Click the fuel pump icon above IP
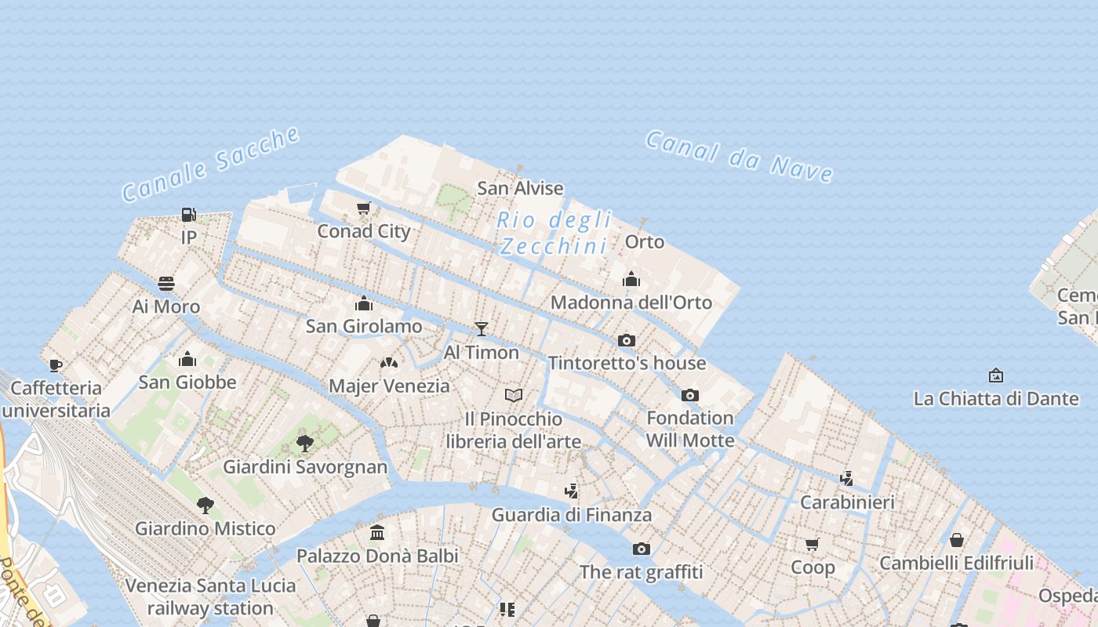(x=188, y=214)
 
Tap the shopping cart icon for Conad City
(x=363, y=208)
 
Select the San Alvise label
(x=520, y=188)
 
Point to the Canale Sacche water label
(x=211, y=164)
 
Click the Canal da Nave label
(x=739, y=157)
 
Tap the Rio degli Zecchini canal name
(x=554, y=233)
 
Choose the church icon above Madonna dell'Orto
(x=631, y=279)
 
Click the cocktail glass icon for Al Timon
(x=482, y=329)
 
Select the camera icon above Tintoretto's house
(x=626, y=340)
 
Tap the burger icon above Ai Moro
(x=166, y=283)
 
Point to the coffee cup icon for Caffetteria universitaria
(x=55, y=364)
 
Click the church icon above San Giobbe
(x=187, y=359)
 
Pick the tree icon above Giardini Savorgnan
(x=305, y=444)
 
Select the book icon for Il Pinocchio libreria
(x=514, y=395)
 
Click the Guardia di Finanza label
(x=572, y=515)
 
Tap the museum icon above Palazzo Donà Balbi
(x=377, y=532)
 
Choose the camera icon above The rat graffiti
(x=642, y=549)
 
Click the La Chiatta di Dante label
(x=996, y=398)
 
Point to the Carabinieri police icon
(x=846, y=478)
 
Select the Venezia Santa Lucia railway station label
(x=210, y=596)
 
